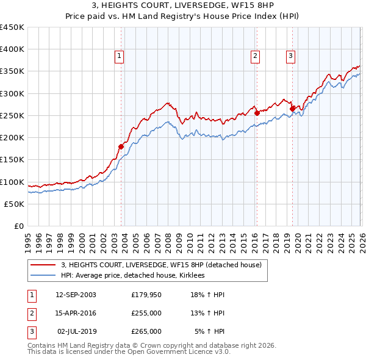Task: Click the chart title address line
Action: coord(183,6)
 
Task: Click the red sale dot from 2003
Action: coord(121,146)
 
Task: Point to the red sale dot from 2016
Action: coord(257,113)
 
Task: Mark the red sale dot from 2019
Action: coord(292,109)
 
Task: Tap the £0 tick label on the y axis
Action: coord(18,226)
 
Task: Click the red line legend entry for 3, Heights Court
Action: coord(161,265)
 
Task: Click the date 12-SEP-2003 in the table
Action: coord(76,295)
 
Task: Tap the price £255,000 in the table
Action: coord(146,313)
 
